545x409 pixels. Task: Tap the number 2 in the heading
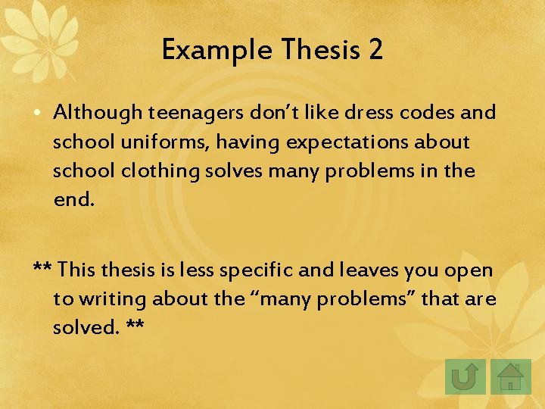coord(375,51)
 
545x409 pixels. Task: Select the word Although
coord(98,113)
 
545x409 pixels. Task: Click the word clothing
coord(157,170)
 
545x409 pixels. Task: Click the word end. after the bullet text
coord(74,199)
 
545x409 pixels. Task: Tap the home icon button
coord(511,376)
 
